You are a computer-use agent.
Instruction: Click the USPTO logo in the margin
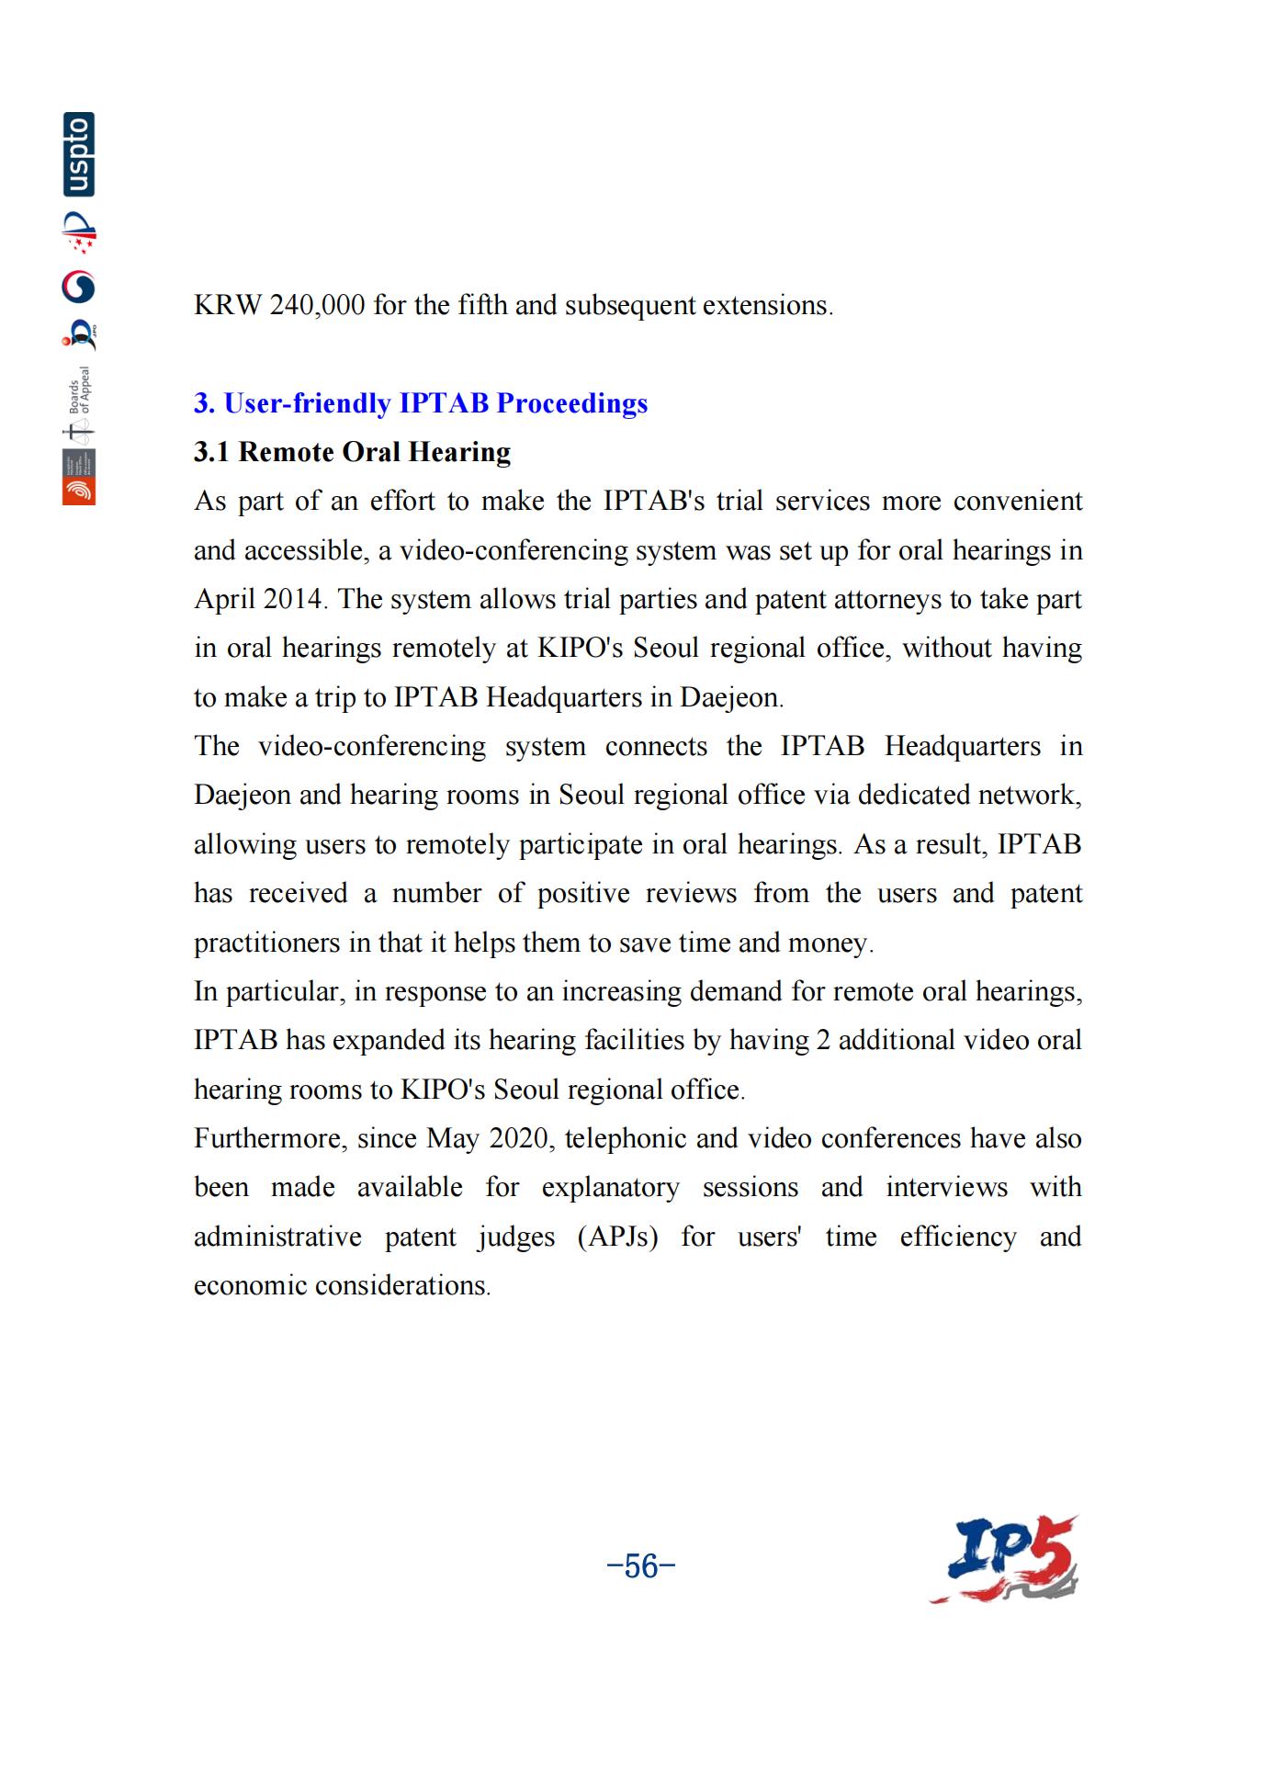[79, 154]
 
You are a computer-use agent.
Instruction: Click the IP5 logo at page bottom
[1006, 1559]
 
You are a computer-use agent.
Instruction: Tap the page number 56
[641, 1565]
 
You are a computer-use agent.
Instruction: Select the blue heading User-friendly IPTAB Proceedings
[421, 403]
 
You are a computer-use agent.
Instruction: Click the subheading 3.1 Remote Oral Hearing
[352, 452]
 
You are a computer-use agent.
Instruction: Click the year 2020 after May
[518, 1138]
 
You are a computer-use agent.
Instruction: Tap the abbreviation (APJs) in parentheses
[618, 1237]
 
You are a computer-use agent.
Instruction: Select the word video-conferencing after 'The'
[372, 746]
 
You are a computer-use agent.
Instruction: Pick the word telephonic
[626, 1138]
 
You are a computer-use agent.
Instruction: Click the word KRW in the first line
[228, 305]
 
